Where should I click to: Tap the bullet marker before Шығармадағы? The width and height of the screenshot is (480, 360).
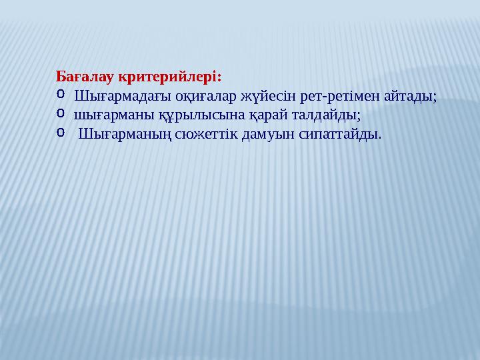[x=59, y=95]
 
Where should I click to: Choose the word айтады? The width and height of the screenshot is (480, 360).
[x=411, y=97]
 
